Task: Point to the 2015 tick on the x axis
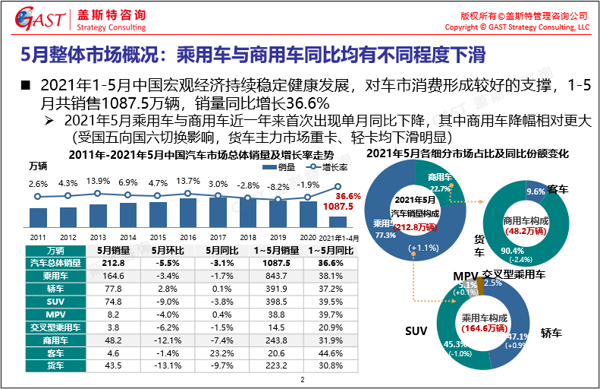coord(158,237)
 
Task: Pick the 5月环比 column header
coord(164,250)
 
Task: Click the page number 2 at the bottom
coord(301,380)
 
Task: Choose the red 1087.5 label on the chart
coord(340,207)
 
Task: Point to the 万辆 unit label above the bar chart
coord(39,166)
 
